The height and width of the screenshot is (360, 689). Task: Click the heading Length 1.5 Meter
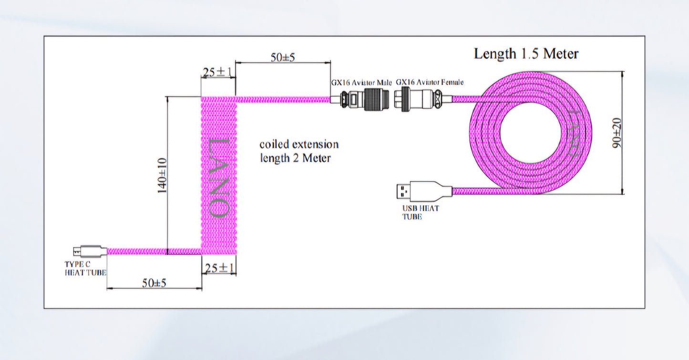[x=526, y=54]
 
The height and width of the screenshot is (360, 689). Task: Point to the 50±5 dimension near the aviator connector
[x=283, y=57]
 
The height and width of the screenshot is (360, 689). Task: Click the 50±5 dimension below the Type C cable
[x=154, y=282]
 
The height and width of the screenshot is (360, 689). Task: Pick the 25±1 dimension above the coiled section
[x=217, y=72]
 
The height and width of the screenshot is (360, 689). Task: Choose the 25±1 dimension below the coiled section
[x=219, y=268]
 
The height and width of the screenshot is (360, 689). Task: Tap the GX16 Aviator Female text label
[x=430, y=82]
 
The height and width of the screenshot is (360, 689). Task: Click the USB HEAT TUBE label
[x=420, y=212]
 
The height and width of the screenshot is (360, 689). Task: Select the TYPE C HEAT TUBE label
[x=85, y=268]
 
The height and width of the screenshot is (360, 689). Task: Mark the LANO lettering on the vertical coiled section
[x=219, y=177]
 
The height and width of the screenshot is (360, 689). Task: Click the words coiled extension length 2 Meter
[x=298, y=151]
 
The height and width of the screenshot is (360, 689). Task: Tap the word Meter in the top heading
[x=561, y=54]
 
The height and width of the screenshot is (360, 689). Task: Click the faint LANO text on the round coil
[x=574, y=133]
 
